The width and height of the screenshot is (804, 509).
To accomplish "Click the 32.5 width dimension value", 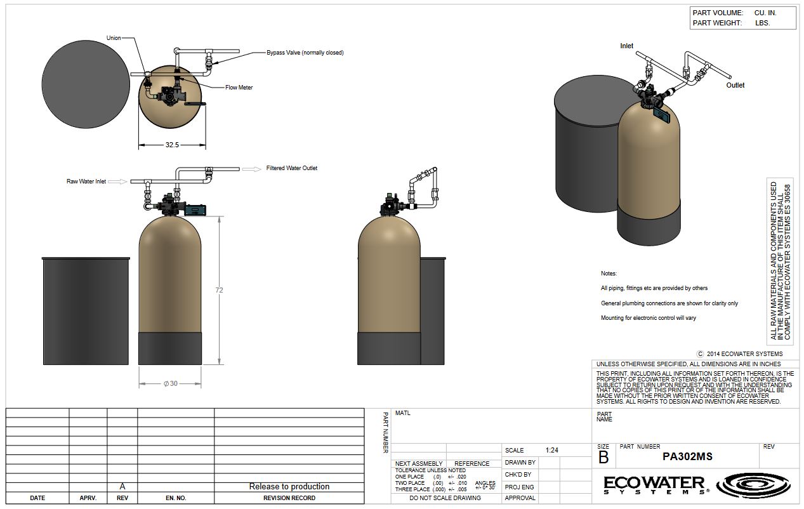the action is point(172,145).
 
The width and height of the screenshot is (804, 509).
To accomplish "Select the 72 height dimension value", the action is point(219,290).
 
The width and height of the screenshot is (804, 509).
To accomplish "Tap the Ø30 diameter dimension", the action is point(171,383).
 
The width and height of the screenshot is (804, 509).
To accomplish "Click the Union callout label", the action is point(114,37).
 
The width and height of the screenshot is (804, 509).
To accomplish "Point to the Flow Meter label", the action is point(239,87).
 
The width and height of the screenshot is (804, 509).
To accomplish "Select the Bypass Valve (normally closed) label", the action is point(305,53).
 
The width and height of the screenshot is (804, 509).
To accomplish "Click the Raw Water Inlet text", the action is point(86,182).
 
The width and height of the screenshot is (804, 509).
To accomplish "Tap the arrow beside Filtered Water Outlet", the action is point(252,169).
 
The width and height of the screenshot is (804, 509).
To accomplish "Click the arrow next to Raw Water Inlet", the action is point(118,182).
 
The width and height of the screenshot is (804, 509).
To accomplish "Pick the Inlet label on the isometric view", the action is point(627,46).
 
